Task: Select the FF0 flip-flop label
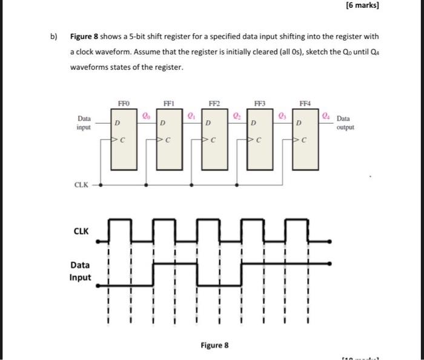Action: point(124,104)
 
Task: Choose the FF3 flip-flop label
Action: point(260,104)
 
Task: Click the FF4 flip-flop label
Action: point(305,104)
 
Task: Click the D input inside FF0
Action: point(118,124)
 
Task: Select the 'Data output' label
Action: point(346,123)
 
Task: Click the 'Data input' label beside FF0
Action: point(84,123)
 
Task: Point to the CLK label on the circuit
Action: point(82,185)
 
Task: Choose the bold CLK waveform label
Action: point(81,231)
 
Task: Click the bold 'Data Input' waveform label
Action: point(81,271)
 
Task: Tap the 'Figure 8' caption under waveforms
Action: point(215,345)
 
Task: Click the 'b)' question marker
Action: point(53,36)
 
